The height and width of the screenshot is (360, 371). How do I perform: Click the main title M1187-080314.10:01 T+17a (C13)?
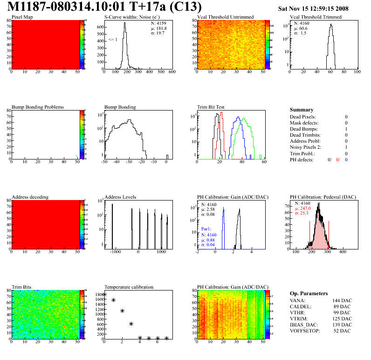(105, 7)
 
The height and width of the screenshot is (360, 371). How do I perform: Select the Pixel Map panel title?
(22, 17)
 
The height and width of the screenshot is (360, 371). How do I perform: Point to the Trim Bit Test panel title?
(211, 107)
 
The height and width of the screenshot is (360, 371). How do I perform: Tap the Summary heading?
(302, 110)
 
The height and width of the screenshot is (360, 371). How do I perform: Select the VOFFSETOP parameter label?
(305, 331)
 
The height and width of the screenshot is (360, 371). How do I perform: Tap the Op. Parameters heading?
(309, 293)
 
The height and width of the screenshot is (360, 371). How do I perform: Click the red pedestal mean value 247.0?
(305, 209)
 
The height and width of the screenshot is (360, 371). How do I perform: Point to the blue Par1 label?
(206, 229)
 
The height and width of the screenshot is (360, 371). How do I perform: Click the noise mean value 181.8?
(163, 28)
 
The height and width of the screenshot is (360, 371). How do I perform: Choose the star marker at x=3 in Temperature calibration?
(131, 324)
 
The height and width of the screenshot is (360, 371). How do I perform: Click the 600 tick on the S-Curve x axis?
(172, 72)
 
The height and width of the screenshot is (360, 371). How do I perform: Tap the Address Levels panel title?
(120, 197)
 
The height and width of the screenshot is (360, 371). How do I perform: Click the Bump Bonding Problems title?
(38, 107)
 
